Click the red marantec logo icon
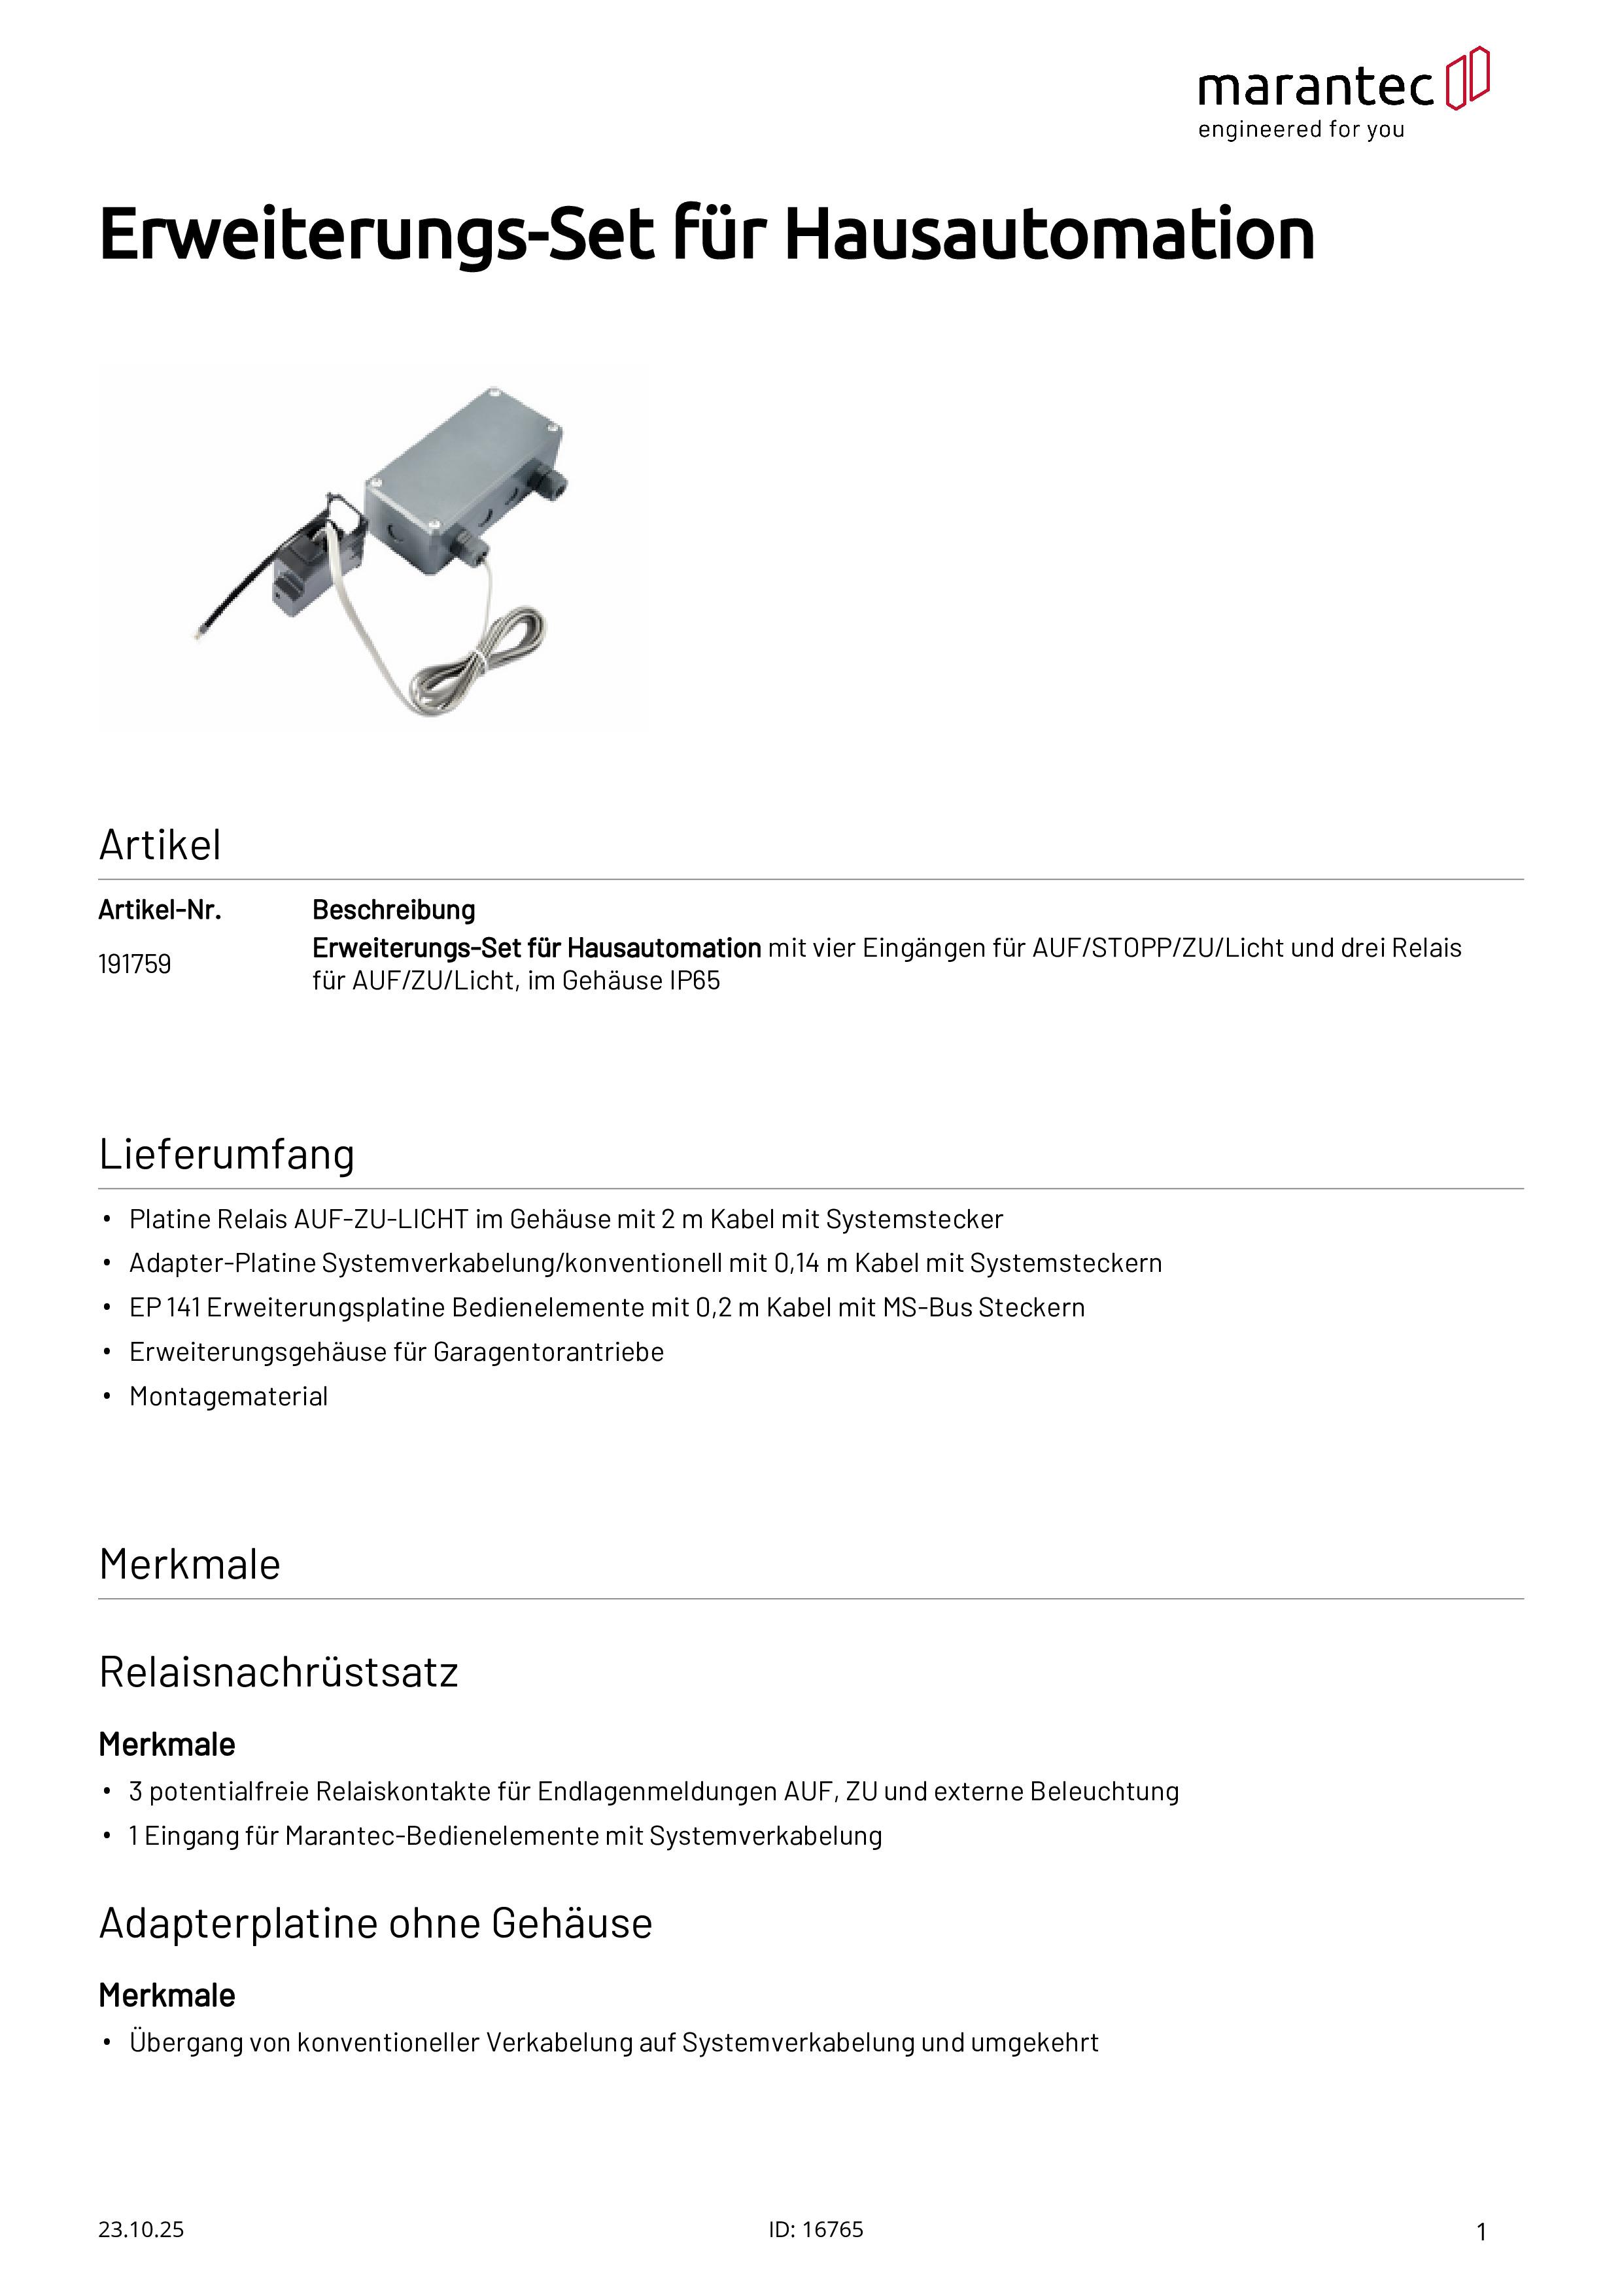(1467, 77)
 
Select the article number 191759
(134, 964)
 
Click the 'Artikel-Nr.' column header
(160, 910)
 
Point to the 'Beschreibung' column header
(394, 910)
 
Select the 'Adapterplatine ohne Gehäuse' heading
(375, 1923)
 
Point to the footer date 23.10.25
(141, 2229)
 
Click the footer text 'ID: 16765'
(816, 2229)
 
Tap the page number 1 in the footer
(1481, 2231)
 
